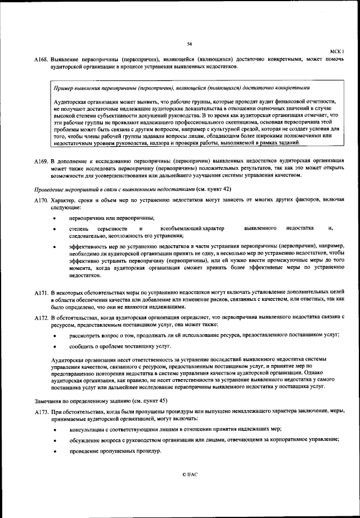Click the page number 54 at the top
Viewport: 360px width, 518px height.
coord(190,44)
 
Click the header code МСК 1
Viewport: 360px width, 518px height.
coord(336,51)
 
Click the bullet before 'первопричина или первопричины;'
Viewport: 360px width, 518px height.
coord(54,218)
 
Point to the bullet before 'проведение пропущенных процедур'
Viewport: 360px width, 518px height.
coord(54,452)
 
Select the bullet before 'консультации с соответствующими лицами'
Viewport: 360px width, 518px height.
coord(54,429)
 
